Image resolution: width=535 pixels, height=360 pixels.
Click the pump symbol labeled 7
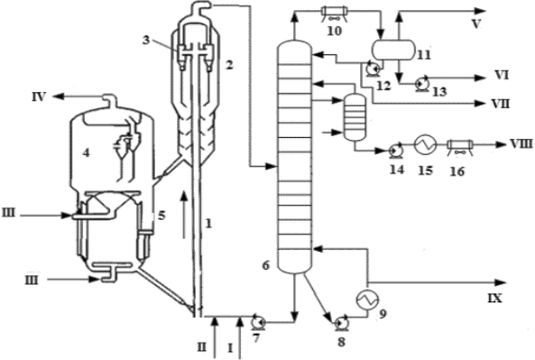tap(258, 322)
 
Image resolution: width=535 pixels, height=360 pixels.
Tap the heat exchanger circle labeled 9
tap(367, 300)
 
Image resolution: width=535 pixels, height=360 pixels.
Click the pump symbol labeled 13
tap(420, 83)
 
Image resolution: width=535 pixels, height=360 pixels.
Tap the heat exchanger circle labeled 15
tap(426, 144)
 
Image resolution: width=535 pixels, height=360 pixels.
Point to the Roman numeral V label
tap(476, 23)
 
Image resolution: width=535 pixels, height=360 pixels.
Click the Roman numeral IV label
tap(39, 97)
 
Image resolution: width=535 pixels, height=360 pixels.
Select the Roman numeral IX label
tap(495, 299)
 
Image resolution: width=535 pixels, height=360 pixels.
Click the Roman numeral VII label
tap(500, 104)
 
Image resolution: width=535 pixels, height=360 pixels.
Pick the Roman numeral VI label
tap(502, 75)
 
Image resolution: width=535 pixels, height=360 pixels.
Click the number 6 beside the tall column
tap(266, 265)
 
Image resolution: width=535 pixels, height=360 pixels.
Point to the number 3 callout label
tap(145, 41)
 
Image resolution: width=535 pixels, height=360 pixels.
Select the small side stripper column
tap(355, 117)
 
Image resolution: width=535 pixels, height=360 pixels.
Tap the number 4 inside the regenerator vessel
tap(86, 152)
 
